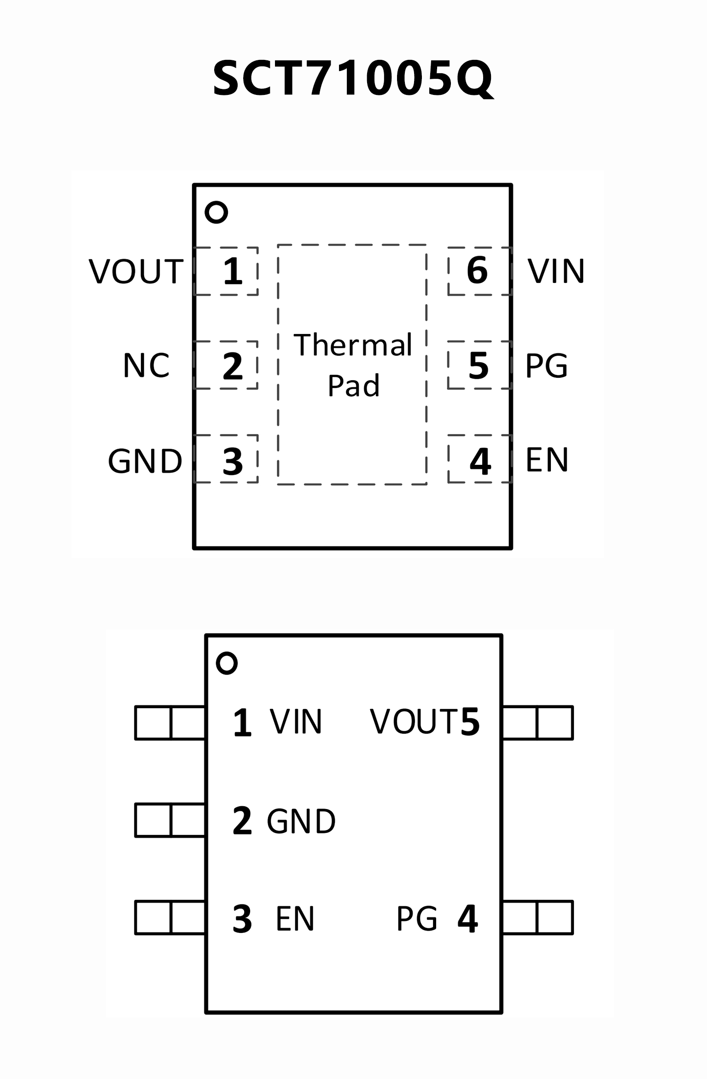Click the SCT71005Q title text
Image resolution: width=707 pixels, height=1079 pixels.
[x=353, y=78]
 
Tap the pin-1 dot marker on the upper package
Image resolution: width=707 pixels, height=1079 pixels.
[x=216, y=212]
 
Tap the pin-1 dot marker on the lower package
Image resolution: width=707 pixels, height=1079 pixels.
[x=227, y=663]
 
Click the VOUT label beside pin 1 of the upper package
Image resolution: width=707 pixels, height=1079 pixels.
[x=136, y=271]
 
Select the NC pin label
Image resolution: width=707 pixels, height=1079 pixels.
[x=146, y=366]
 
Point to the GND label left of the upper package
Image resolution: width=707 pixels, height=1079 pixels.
[x=145, y=461]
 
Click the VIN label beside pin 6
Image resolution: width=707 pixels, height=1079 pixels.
[x=556, y=271]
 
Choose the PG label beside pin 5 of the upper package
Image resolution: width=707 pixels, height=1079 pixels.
[x=546, y=366]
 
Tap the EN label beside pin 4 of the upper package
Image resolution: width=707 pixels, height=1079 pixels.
[x=547, y=460]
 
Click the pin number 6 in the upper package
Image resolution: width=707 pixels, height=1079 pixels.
[x=477, y=270]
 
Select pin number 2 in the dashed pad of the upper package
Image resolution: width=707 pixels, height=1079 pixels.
[x=233, y=366]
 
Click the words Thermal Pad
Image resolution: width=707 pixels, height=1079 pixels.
[x=353, y=364]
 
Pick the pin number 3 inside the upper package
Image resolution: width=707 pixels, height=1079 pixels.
[x=233, y=461]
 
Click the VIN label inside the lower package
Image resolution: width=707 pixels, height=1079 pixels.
[x=296, y=721]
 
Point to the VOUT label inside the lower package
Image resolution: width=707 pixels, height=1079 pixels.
[x=414, y=721]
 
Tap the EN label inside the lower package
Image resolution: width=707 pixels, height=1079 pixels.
[x=295, y=919]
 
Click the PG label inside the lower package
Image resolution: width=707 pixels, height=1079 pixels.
[x=417, y=919]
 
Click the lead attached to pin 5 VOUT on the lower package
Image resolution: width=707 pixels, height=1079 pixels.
[x=538, y=722]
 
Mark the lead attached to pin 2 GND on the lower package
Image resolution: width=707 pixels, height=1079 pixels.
[x=170, y=820]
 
